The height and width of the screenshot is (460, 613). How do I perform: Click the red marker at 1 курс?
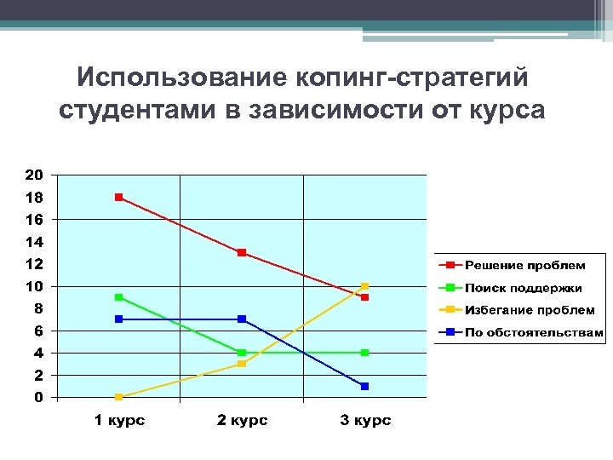[119, 197]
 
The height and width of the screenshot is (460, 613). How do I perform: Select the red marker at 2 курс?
[242, 253]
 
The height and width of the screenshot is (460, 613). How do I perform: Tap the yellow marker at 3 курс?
[364, 286]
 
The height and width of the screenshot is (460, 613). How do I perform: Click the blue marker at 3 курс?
[364, 386]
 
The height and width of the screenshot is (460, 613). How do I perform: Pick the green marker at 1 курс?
[119, 297]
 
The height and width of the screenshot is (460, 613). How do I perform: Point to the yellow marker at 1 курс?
[119, 397]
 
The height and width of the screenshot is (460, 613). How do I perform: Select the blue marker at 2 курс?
[242, 319]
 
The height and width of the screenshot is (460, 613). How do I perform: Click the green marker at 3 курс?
[364, 353]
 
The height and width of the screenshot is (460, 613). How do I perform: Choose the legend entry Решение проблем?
[524, 266]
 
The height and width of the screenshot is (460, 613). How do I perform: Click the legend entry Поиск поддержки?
[523, 288]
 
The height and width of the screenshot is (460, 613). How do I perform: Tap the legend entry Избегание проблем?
[529, 310]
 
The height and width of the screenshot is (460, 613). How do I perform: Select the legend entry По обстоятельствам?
[533, 332]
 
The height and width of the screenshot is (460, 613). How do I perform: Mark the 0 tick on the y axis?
[38, 397]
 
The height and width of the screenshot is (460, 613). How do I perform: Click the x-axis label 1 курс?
[119, 421]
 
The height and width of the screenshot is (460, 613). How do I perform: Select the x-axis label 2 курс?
[242, 421]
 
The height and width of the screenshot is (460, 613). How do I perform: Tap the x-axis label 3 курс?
[364, 421]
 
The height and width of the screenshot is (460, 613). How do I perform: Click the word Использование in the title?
[181, 78]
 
